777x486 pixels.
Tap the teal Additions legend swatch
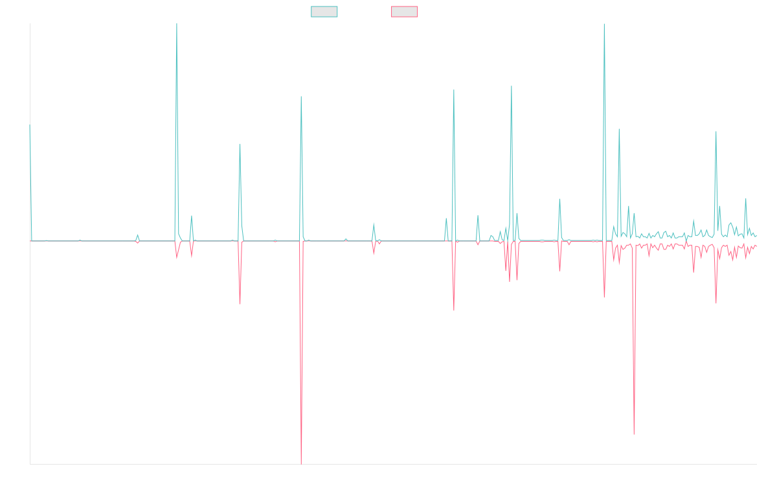click(x=324, y=12)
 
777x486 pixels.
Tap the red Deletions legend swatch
click(x=405, y=12)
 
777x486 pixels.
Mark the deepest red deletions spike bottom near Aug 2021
click(x=301, y=464)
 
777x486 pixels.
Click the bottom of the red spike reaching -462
click(x=634, y=434)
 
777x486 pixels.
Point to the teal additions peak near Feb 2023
click(x=454, y=90)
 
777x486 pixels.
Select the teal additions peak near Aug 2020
click(x=240, y=145)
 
